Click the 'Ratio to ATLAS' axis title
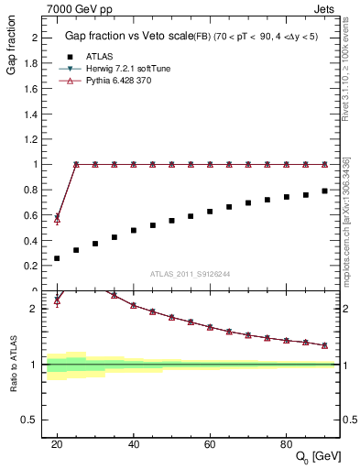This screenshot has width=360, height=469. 13,364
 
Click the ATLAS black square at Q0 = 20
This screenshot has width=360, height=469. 57,258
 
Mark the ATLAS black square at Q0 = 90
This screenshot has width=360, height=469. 324,191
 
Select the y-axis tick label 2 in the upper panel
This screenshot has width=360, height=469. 34,38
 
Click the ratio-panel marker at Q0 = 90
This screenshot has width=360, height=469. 324,345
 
